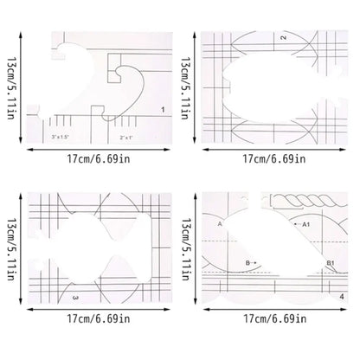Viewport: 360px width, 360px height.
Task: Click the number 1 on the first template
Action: tap(163, 110)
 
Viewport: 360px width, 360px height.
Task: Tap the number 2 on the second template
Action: tap(284, 37)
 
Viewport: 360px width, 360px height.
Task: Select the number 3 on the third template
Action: tap(75, 298)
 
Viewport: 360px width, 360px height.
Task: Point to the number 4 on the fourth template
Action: tap(342, 297)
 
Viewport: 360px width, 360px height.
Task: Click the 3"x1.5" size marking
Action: tap(61, 138)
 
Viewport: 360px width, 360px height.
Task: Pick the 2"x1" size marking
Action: tap(126, 138)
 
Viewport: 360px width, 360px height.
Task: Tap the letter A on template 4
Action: tap(220, 223)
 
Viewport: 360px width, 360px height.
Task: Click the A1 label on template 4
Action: tap(305, 224)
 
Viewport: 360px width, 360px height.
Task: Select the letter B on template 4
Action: tap(247, 263)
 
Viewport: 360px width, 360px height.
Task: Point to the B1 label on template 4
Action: tap(330, 263)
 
